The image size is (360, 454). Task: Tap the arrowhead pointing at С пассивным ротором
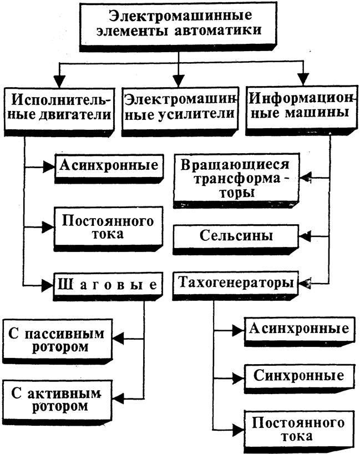pos(117,339)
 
